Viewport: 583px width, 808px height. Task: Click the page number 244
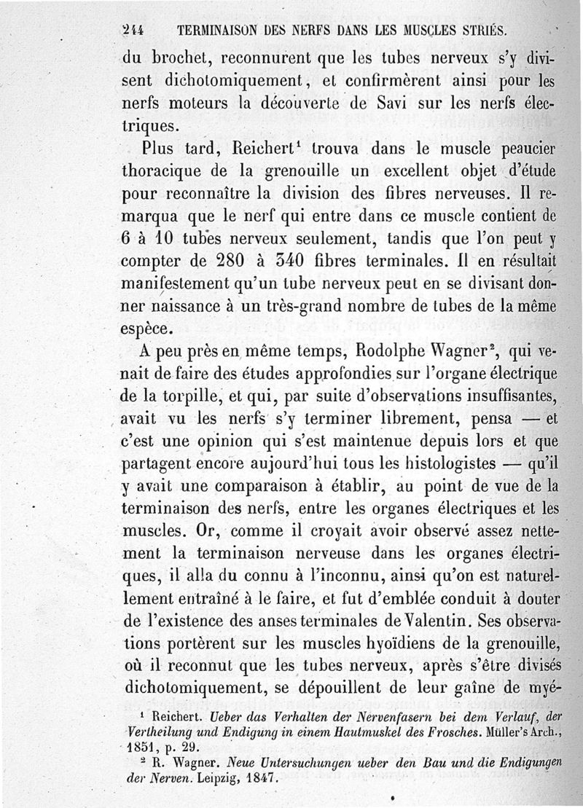tap(133, 32)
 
